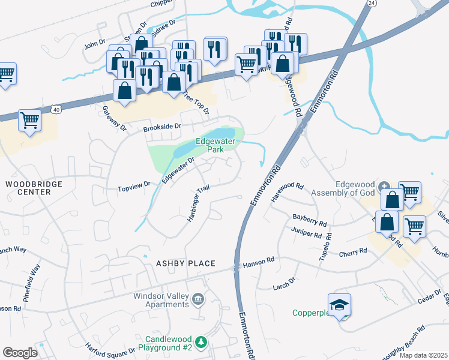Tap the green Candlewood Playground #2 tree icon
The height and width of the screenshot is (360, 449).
point(202,342)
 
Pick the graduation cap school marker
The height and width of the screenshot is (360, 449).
point(340,304)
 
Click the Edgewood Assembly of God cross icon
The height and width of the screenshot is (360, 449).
point(385,185)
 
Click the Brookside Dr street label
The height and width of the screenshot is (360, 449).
point(161,127)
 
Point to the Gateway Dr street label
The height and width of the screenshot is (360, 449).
point(115,118)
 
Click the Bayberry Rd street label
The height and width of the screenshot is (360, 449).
point(309,220)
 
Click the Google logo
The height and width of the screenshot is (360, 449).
point(20,353)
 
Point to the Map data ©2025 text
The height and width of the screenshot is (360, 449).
point(423,355)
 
